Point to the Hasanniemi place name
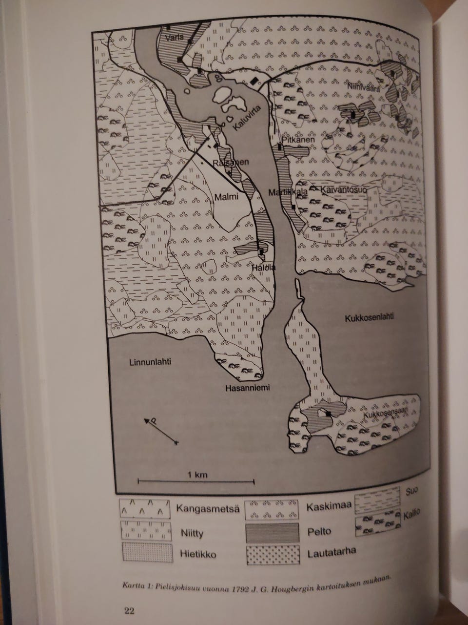tap(248, 388)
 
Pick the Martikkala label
tap(288, 192)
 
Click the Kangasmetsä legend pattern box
tap(146, 509)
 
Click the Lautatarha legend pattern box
tap(271, 554)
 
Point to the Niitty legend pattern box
tap(146, 531)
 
